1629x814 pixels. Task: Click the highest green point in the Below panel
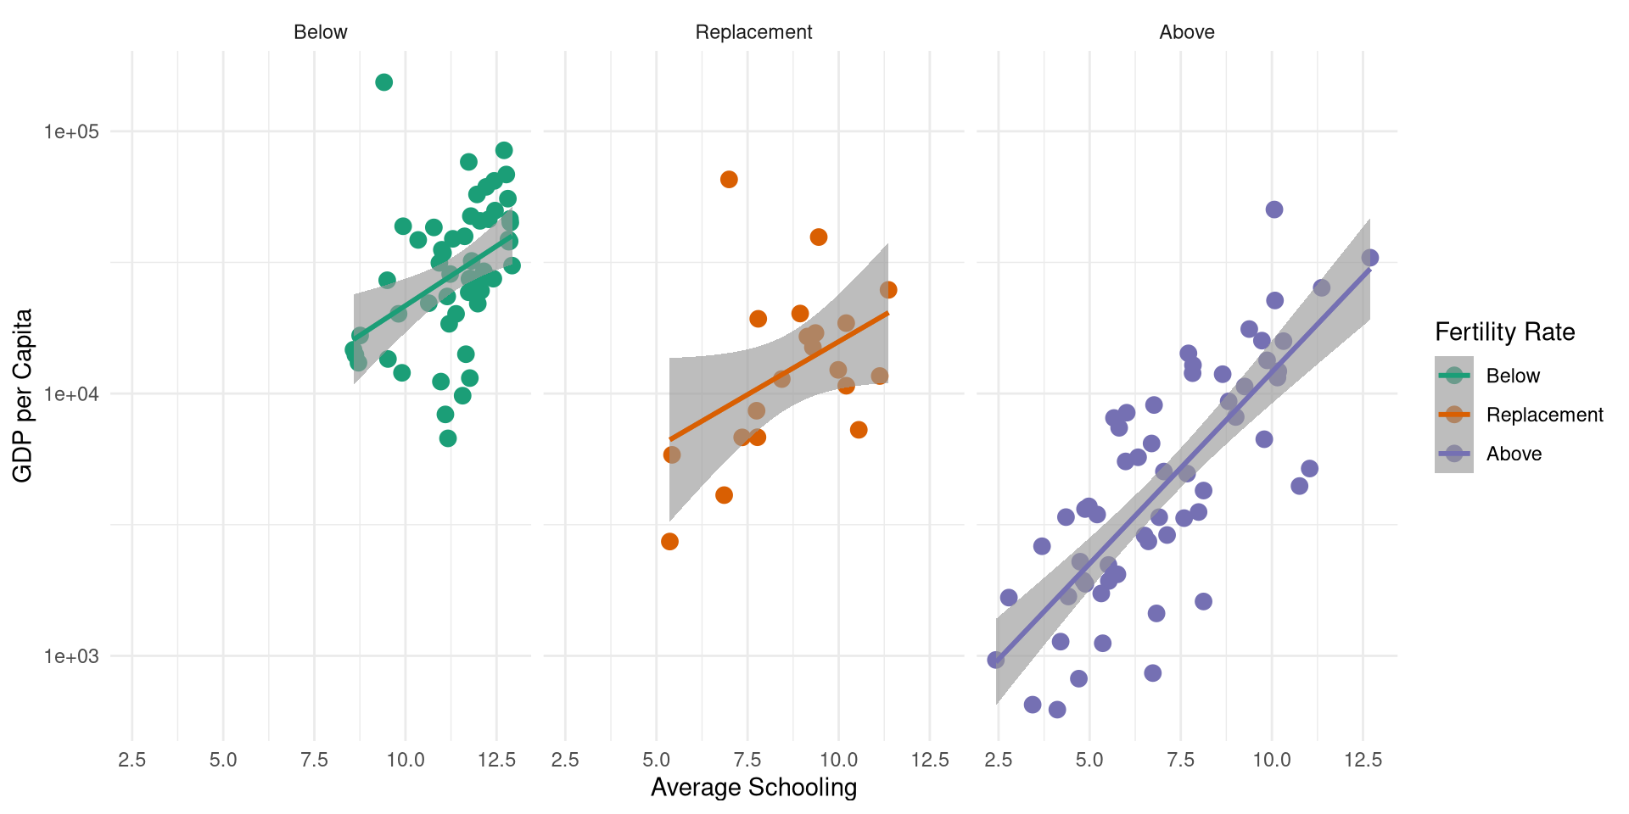pos(383,82)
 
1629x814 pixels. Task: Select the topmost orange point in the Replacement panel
pos(729,180)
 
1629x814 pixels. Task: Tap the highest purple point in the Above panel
pos(1274,209)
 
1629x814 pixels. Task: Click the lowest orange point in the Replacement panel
pos(669,542)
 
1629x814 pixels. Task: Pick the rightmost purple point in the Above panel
pos(1369,258)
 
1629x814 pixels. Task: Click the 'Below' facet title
pos(320,32)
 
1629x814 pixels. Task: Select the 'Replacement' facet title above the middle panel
pos(753,32)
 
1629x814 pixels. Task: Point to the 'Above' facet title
pos(1186,32)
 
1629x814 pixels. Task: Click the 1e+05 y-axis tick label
pos(71,131)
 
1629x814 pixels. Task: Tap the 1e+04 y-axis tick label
pos(71,393)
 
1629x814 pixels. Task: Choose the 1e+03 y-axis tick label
pos(71,655)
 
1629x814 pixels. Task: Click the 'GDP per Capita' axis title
pos(23,395)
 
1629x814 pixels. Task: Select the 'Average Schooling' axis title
pos(753,788)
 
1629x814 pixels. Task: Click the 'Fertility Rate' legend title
pos(1504,332)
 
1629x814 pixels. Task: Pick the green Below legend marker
pos(1454,376)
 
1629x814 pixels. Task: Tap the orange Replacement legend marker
pos(1454,415)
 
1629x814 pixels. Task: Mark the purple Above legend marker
pos(1454,454)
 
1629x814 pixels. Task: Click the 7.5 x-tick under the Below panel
pos(314,760)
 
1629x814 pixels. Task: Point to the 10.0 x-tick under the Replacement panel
pos(838,760)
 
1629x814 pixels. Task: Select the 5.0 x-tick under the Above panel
pos(1089,760)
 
